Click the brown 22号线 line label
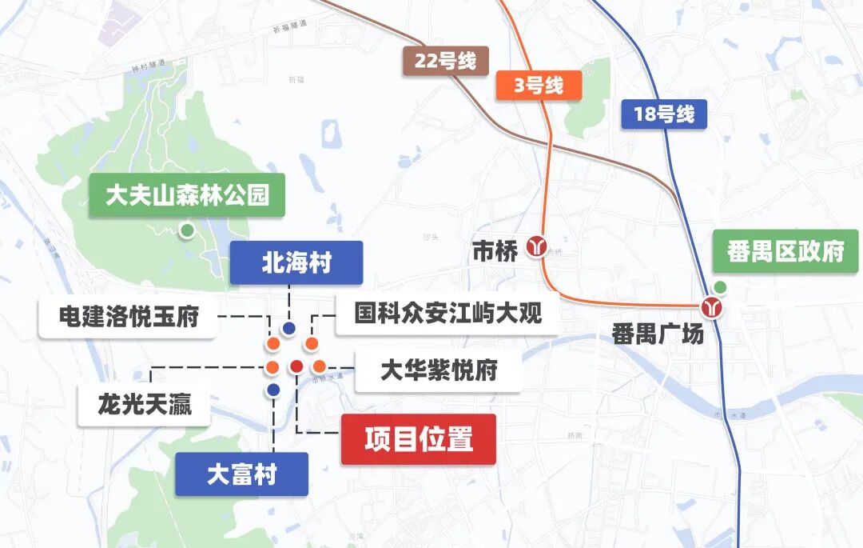[x=445, y=62]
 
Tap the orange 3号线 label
[x=539, y=86]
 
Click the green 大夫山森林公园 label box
[x=187, y=194]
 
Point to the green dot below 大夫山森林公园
[x=187, y=230]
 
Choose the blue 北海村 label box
[x=296, y=263]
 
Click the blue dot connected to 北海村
[x=289, y=328]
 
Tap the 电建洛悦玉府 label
[x=128, y=317]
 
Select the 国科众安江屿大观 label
[x=437, y=313]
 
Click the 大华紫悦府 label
[x=438, y=371]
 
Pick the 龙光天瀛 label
[x=145, y=407]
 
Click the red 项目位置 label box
[x=418, y=439]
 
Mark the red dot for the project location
[x=296, y=366]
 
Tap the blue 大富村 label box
[x=241, y=474]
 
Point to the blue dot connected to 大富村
[x=273, y=390]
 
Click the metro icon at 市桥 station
[x=536, y=247]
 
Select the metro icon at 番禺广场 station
[x=711, y=306]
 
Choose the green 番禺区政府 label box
[x=785, y=251]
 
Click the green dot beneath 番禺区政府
[x=720, y=287]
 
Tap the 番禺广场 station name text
[x=658, y=334]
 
